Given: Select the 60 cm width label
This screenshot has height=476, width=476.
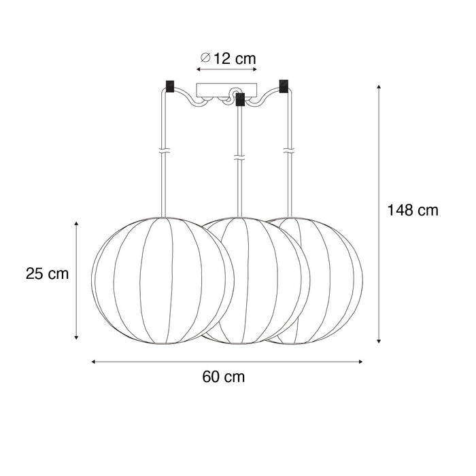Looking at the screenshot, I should pos(224,376).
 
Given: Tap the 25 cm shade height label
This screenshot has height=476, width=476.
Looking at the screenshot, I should pos(48,274).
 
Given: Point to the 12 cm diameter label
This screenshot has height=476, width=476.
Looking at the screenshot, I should pos(234,59).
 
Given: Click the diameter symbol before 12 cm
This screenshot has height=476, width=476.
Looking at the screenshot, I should pos(204,59).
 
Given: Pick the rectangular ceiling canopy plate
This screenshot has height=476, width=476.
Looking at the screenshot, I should pos(227,89).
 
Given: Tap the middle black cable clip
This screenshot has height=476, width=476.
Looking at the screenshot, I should pos(239,102).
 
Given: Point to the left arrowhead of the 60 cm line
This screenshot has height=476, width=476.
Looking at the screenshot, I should pos(94,361).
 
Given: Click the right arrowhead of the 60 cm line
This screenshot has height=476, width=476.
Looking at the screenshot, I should pos(360,361).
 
